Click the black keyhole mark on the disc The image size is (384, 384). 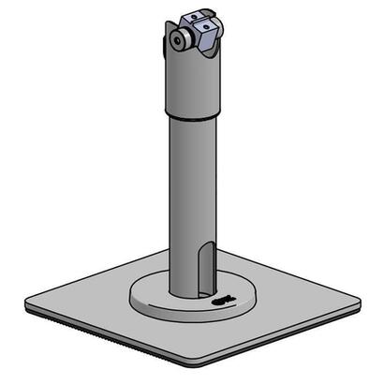[x=221, y=303]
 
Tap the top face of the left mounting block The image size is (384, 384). [x=184, y=18]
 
